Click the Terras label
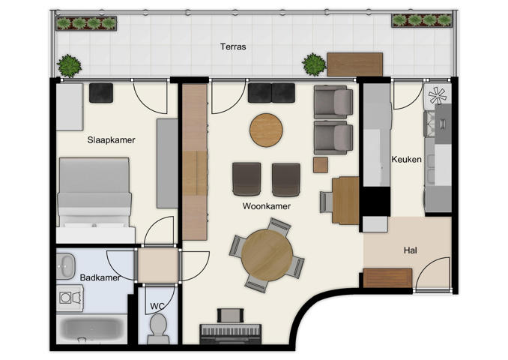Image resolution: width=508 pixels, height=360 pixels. pos(233,46)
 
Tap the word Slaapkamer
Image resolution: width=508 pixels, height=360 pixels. pos(111,139)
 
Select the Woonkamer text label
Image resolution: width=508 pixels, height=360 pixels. pos(267,205)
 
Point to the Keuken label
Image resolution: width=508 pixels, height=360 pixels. pos(406,160)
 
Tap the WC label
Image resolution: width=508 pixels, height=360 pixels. pos(157,306)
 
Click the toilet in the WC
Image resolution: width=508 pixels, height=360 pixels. pos(158,328)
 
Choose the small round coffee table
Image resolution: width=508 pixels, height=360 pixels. pos(266,128)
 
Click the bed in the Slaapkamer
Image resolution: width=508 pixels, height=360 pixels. pos(94,199)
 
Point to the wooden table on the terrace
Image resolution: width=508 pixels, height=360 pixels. pos(354,64)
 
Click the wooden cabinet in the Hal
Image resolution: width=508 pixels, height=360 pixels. pos(387,277)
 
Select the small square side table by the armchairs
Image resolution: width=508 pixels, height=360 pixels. pos(321,165)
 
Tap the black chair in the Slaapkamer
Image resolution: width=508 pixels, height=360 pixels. pos(100,93)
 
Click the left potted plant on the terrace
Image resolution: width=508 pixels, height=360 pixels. pos(70,66)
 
